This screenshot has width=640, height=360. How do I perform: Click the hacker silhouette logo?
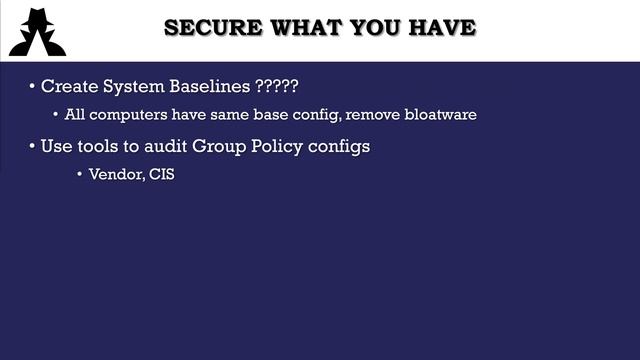point(37,31)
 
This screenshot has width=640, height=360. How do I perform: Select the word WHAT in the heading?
point(292,27)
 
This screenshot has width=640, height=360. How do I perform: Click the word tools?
point(106,146)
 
